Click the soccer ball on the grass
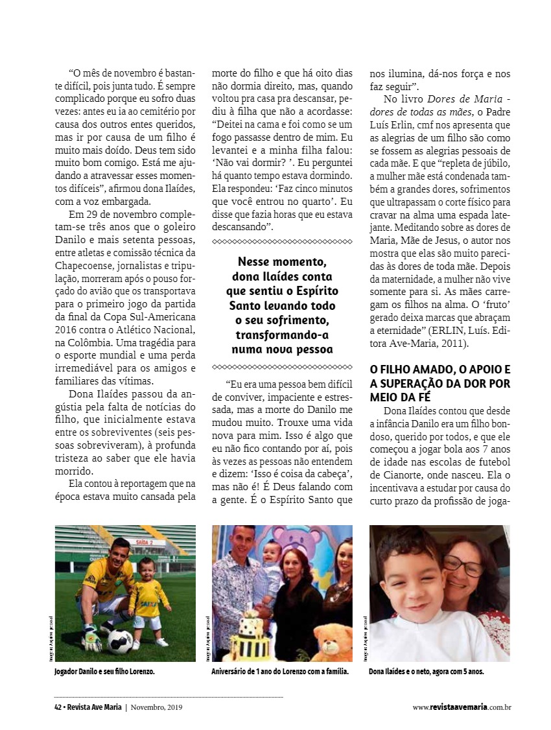119,642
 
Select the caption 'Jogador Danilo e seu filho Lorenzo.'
104,672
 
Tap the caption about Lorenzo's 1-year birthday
280,672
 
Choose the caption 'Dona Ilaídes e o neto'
427,672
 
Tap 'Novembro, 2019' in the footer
156,707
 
